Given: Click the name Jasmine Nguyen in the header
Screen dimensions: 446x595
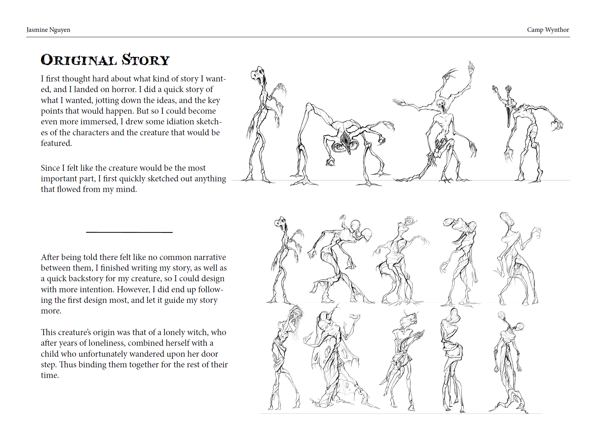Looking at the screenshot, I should [x=48, y=30].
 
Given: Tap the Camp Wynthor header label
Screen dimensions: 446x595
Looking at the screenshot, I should [x=548, y=30].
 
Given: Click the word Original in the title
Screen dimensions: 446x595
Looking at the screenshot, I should [x=79, y=60].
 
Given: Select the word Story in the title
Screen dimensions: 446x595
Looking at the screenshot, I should [x=146, y=60].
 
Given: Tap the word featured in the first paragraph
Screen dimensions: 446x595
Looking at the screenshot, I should [x=56, y=143].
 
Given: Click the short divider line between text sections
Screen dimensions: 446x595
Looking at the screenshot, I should [x=129, y=232].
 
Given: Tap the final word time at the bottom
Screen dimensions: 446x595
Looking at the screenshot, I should [x=49, y=375].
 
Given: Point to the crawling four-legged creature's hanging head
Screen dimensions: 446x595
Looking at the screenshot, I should [x=345, y=142].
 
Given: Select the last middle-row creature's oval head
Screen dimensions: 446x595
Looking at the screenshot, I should [x=507, y=219].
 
